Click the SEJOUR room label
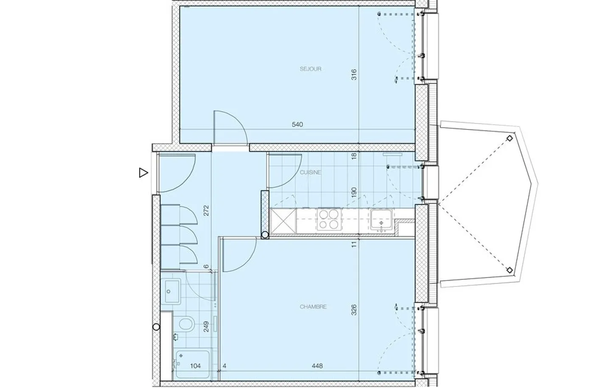click(x=311, y=69)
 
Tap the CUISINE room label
click(x=311, y=172)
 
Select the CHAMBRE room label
click(x=313, y=306)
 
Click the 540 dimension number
click(x=297, y=125)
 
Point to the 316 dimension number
click(x=354, y=74)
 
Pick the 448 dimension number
click(x=317, y=366)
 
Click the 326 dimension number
click(x=354, y=310)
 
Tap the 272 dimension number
click(x=206, y=211)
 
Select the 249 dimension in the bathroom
click(x=206, y=326)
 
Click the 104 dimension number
click(x=195, y=366)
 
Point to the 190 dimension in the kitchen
click(x=354, y=192)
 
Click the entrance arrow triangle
click(x=143, y=173)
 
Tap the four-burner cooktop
click(x=329, y=219)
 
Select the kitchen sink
click(x=381, y=220)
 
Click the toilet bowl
click(x=187, y=324)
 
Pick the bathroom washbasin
click(x=171, y=291)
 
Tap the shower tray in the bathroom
click(x=193, y=365)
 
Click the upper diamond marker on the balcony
click(x=510, y=138)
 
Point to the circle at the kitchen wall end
click(x=265, y=235)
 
